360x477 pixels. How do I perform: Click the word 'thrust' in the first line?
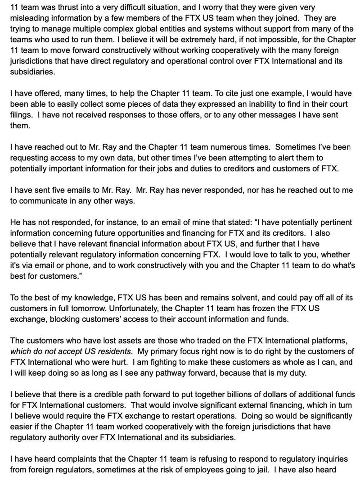tap(63, 8)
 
